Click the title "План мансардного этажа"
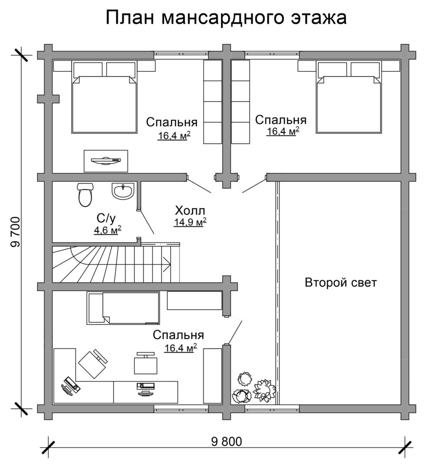(x=226, y=17)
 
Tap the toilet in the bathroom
(x=85, y=194)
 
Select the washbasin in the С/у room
(x=123, y=192)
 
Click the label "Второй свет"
(x=341, y=283)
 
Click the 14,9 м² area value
(x=190, y=222)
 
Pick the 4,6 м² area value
(x=108, y=230)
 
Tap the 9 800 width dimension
(x=226, y=442)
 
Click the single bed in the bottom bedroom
(x=128, y=308)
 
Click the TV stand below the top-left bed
(x=106, y=161)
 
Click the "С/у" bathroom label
(x=106, y=218)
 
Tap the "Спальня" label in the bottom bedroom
(x=179, y=335)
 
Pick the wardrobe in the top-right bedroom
(x=241, y=101)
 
